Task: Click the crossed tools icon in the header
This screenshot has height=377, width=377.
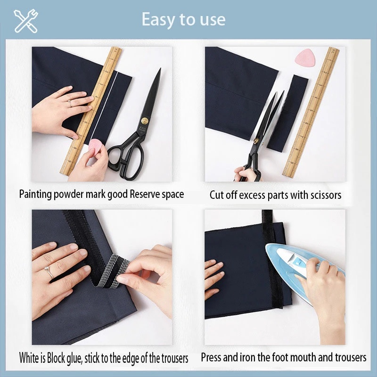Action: click(x=26, y=21)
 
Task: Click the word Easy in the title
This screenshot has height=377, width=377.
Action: click(x=158, y=20)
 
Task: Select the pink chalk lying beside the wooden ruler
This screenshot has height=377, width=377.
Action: click(x=305, y=57)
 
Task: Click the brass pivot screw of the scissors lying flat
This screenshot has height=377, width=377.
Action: click(x=145, y=121)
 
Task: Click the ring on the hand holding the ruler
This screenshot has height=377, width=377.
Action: click(x=69, y=104)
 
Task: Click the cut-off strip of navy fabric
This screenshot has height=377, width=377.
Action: click(x=287, y=113)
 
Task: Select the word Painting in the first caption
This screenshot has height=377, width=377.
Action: click(x=35, y=194)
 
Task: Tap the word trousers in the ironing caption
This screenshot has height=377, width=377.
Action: click(x=351, y=357)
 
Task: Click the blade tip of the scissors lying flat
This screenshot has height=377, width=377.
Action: click(x=160, y=69)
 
